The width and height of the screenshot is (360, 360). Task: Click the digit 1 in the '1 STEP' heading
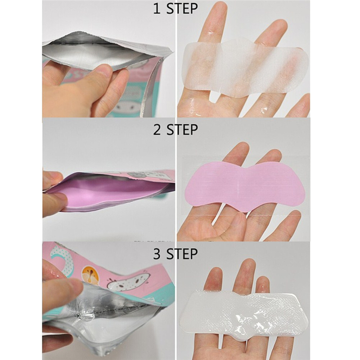(157, 9)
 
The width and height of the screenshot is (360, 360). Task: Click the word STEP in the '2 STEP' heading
(182, 130)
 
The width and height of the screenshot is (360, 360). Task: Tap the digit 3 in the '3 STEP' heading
(157, 254)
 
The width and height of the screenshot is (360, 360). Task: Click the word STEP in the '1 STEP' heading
(182, 9)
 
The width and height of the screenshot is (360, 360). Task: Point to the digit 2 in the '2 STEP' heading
(157, 130)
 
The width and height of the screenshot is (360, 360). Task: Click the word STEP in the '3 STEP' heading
(182, 254)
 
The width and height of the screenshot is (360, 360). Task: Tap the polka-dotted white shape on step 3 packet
(63, 257)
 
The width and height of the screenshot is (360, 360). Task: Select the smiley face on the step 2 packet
(134, 175)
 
